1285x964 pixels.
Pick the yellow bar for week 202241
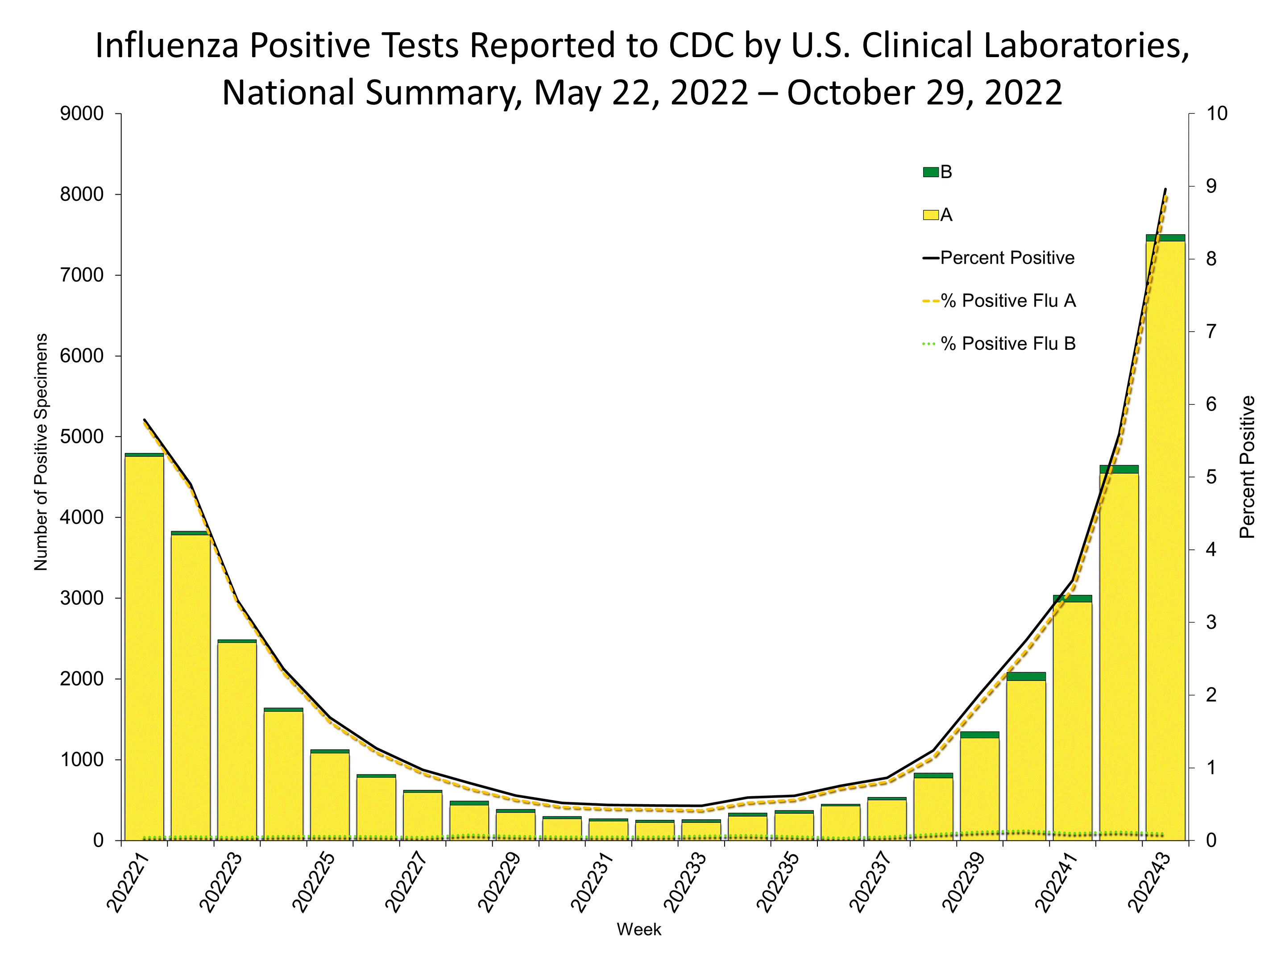pos(1072,720)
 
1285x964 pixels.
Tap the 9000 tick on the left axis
pos(83,114)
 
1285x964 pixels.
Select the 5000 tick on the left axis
pos(83,437)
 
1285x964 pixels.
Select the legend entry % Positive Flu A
pos(1008,301)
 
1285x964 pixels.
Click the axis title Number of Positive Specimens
pos(41,452)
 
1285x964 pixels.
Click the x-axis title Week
pos(639,930)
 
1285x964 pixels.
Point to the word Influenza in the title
pos(167,46)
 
